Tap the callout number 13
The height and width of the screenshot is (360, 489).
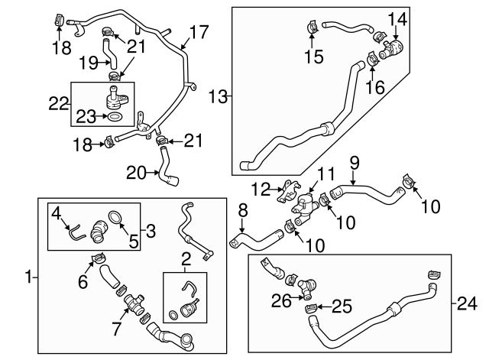point(218,96)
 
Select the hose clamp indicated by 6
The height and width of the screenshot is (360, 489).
point(97,258)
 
